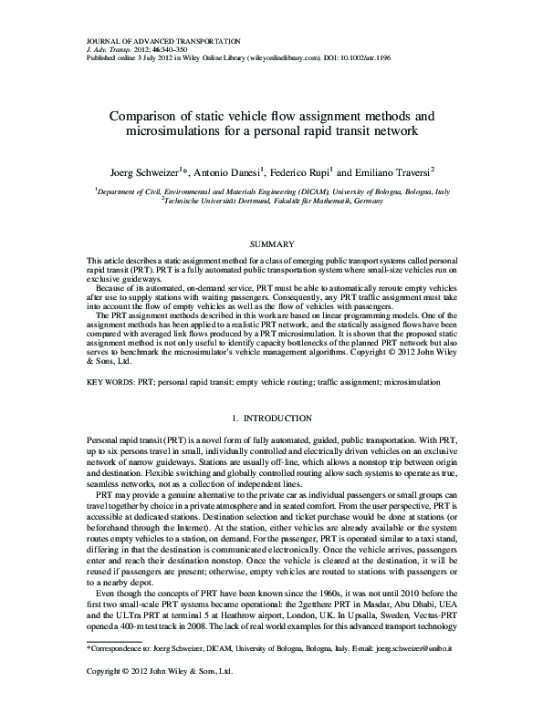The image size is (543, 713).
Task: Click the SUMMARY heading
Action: pyautogui.click(x=271, y=244)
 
